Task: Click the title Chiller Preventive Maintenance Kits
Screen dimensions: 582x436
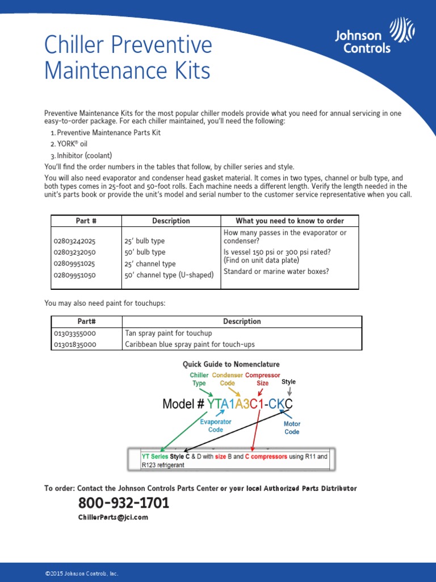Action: pyautogui.click(x=128, y=58)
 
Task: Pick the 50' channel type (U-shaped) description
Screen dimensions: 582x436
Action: pyautogui.click(x=169, y=275)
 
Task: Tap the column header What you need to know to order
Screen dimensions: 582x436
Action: pyautogui.click(x=290, y=221)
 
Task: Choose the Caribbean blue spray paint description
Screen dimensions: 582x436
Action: pyautogui.click(x=190, y=344)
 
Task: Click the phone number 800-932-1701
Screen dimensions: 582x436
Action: pyautogui.click(x=124, y=503)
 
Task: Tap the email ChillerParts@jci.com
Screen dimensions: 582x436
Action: pyautogui.click(x=113, y=517)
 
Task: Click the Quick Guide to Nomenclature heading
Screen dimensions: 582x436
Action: pyautogui.click(x=230, y=364)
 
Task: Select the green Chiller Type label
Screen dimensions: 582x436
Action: pyautogui.click(x=199, y=379)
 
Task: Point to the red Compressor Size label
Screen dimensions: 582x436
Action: pyautogui.click(x=262, y=379)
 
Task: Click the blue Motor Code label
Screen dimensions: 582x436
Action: pyautogui.click(x=292, y=428)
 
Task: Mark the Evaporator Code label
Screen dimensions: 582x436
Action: pyautogui.click(x=215, y=426)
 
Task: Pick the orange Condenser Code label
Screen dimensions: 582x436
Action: pyautogui.click(x=227, y=379)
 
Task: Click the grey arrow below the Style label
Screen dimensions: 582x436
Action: pyautogui.click(x=290, y=392)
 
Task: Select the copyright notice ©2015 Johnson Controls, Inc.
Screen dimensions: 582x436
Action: pyautogui.click(x=82, y=573)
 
